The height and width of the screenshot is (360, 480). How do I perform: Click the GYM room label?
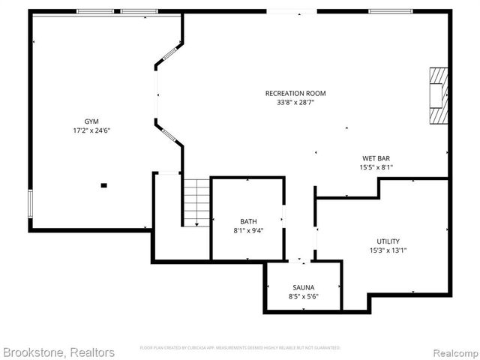point(91,121)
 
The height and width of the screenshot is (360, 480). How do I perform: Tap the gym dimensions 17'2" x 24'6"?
point(91,130)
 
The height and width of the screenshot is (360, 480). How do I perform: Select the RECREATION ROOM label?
point(295,93)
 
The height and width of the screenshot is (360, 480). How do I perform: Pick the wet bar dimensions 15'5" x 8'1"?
point(377,167)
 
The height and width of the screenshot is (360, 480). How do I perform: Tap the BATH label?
point(247,221)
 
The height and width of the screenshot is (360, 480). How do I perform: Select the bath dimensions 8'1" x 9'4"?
point(247,230)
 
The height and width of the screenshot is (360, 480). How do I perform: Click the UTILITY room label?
point(388,241)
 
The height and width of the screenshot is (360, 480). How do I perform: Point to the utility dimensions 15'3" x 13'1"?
point(388,250)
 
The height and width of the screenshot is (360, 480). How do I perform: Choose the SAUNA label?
point(304,287)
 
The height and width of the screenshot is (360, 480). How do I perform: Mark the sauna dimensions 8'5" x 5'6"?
point(304,296)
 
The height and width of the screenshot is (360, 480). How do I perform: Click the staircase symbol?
point(196,202)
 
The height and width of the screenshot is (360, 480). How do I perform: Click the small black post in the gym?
point(103,184)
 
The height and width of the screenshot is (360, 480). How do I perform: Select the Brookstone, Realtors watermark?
point(58,352)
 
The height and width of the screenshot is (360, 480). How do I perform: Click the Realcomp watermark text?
point(453,352)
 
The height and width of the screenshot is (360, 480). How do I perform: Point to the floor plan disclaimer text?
point(240,348)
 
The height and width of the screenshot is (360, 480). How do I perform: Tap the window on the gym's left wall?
point(31,202)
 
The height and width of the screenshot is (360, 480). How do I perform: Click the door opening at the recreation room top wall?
point(292,11)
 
